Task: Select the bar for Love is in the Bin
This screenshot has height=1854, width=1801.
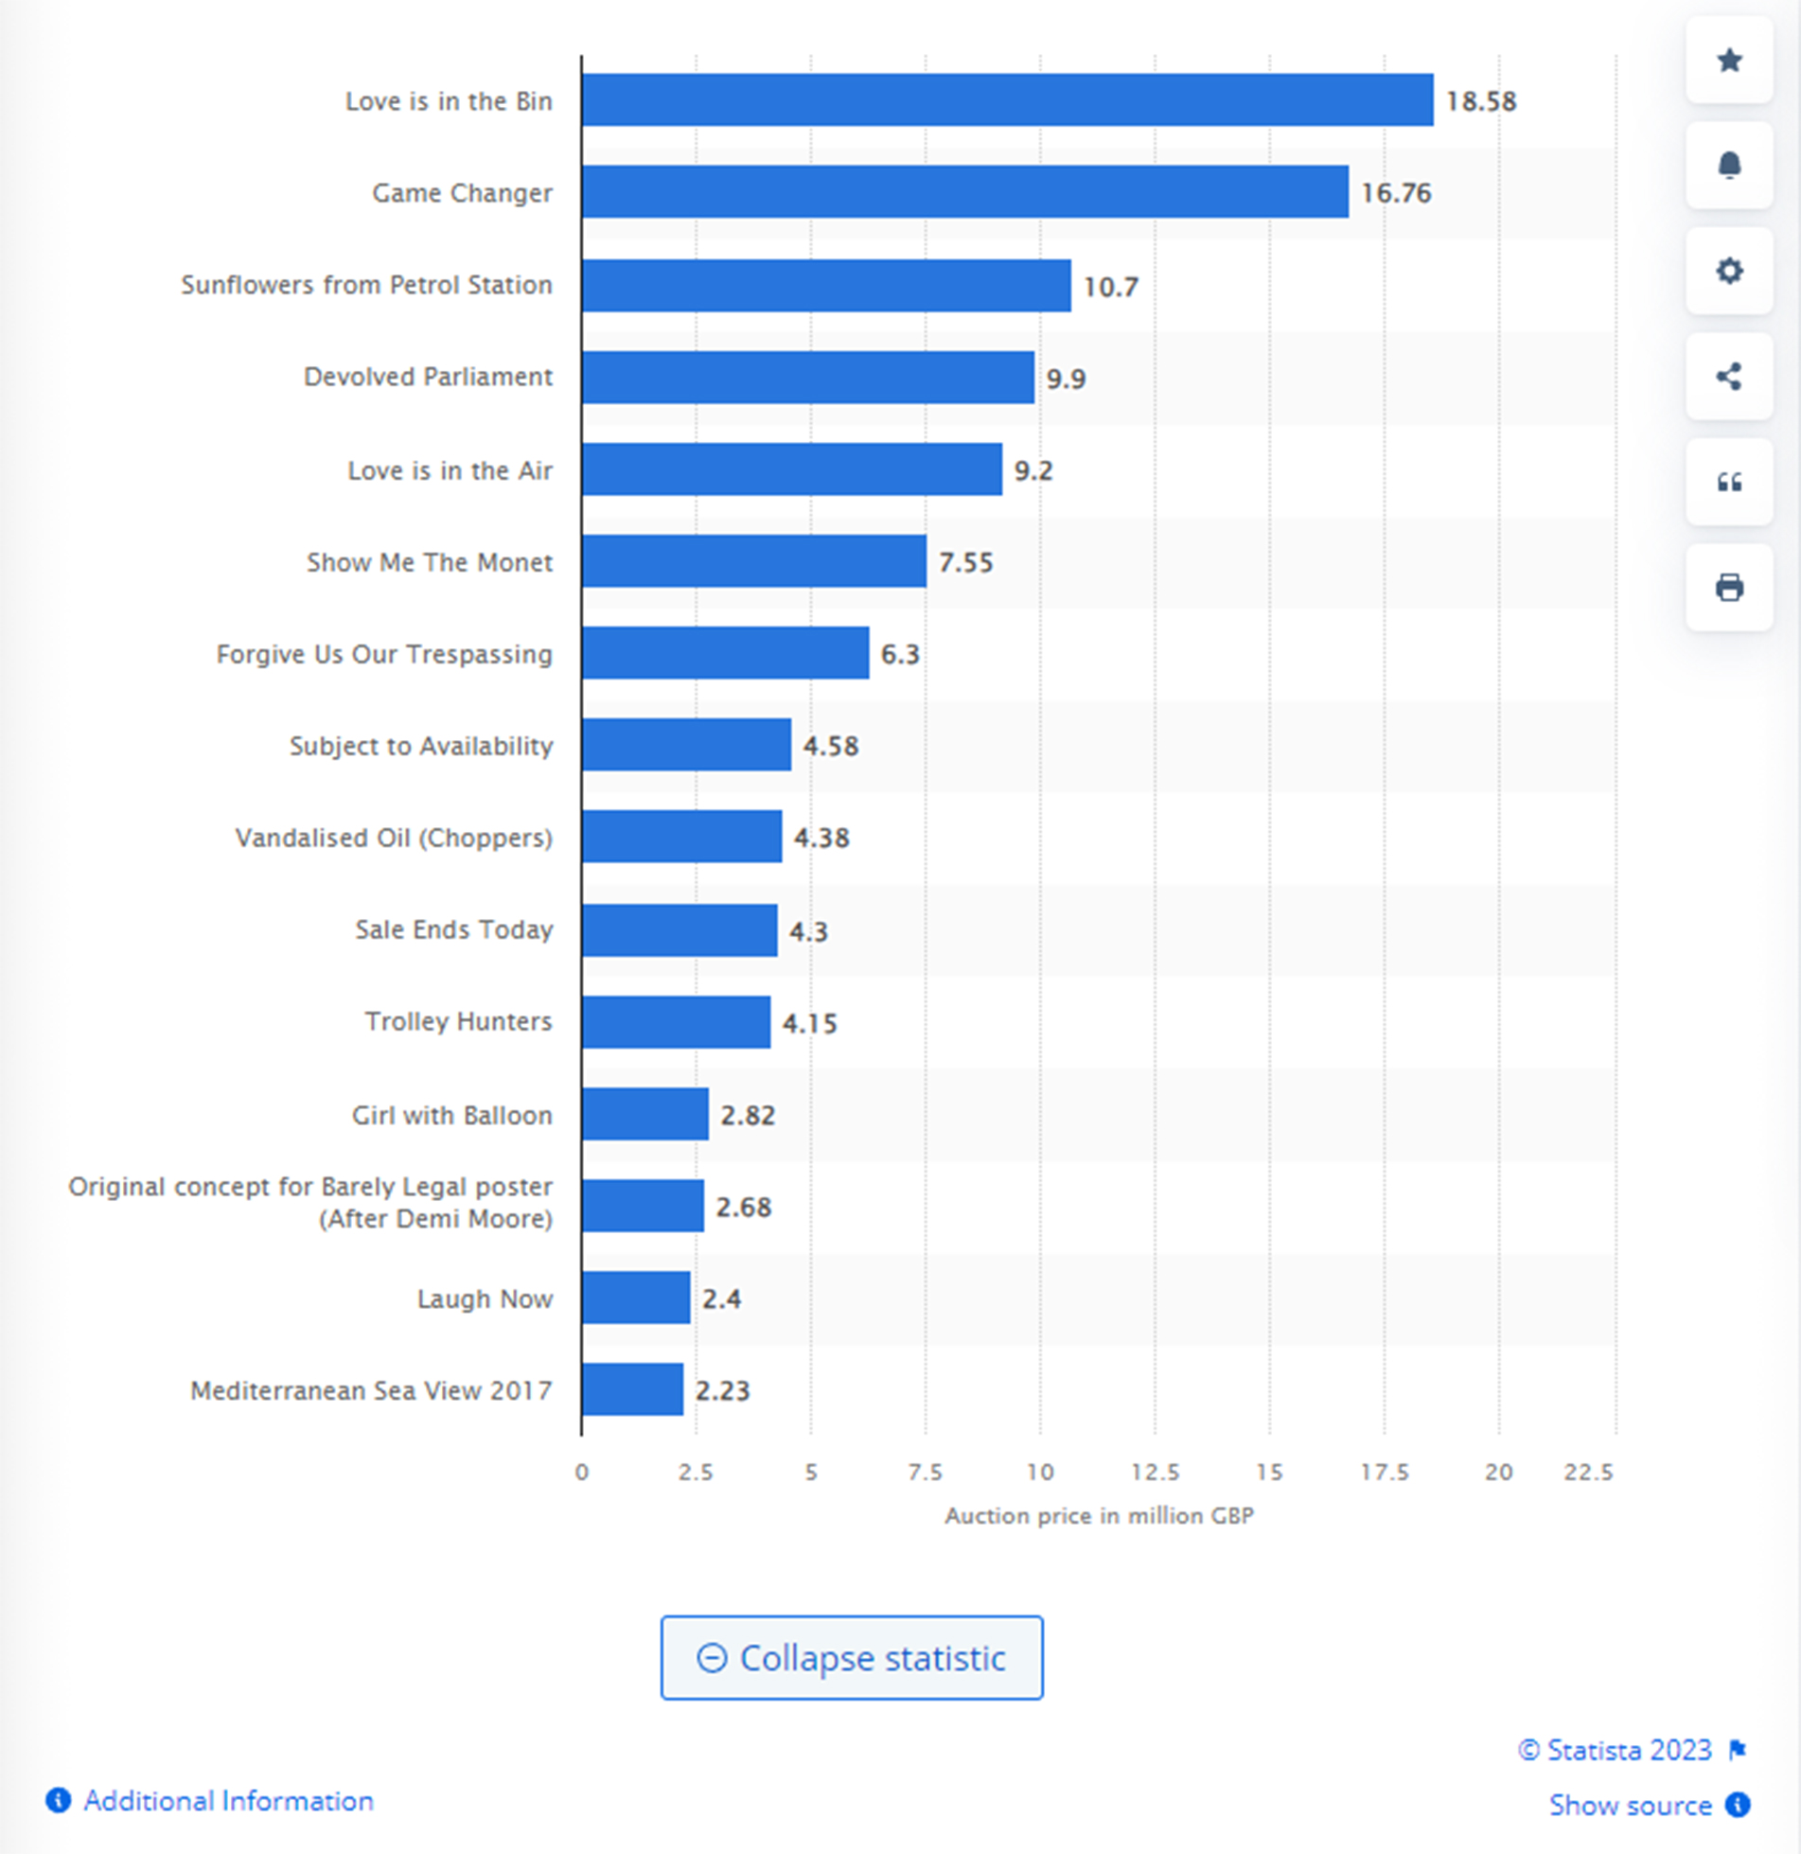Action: [1007, 100]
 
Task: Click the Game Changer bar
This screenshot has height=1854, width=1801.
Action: [965, 192]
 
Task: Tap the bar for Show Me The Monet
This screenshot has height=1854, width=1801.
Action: [754, 561]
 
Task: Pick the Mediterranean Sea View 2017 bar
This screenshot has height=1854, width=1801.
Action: [632, 1389]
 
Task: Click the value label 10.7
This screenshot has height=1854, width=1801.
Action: [1110, 286]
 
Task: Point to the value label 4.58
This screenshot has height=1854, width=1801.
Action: [831, 746]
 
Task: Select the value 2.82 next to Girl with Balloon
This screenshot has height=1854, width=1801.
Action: [748, 1115]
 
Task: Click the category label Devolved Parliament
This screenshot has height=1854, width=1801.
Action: [428, 377]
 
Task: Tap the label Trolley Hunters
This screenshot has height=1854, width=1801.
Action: [459, 1021]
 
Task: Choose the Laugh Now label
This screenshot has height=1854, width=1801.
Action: [485, 1298]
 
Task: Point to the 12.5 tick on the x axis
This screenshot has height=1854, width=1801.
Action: [1155, 1472]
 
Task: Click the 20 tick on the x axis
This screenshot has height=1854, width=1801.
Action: [1498, 1472]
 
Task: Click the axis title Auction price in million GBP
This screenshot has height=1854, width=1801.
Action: [1099, 1516]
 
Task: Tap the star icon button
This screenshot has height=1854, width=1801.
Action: [1729, 61]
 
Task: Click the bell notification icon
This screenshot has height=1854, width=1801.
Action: [1729, 166]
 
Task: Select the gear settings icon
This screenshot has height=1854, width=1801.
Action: [1729, 272]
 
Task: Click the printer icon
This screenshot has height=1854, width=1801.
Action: [1729, 588]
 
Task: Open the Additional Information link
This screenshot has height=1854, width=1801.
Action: [228, 1800]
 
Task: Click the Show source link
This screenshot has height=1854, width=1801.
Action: [1630, 1805]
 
